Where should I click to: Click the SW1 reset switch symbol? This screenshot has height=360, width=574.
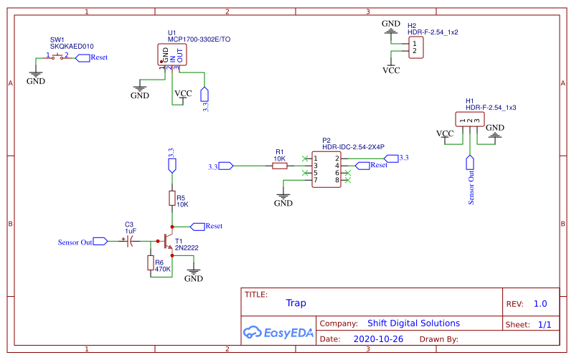(58, 57)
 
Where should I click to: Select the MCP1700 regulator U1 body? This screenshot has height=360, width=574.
(172, 55)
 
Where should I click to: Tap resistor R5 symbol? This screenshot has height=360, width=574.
(171, 199)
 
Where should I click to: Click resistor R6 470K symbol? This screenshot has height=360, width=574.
(151, 263)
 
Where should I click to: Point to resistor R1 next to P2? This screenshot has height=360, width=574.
(279, 166)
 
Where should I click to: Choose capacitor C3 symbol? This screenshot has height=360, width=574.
(130, 242)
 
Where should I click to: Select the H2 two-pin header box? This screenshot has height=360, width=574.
(414, 47)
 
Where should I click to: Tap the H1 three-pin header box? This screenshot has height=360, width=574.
(468, 119)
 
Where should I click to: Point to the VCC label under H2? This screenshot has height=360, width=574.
(391, 70)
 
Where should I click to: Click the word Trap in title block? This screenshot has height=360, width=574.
(296, 303)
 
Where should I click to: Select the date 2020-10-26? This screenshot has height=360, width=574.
(377, 338)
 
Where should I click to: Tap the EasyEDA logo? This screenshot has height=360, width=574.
(277, 332)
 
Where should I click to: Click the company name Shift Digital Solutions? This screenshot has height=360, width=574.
(413, 323)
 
